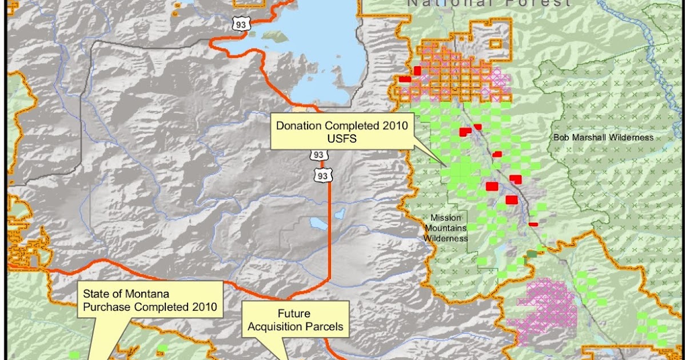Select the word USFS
(x=342, y=139)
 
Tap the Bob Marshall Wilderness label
(x=603, y=138)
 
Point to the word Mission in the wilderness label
(x=445, y=218)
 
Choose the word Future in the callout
(x=294, y=314)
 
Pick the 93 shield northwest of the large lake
(x=240, y=23)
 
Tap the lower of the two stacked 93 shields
(x=322, y=176)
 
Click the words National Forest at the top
(x=488, y=3)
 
